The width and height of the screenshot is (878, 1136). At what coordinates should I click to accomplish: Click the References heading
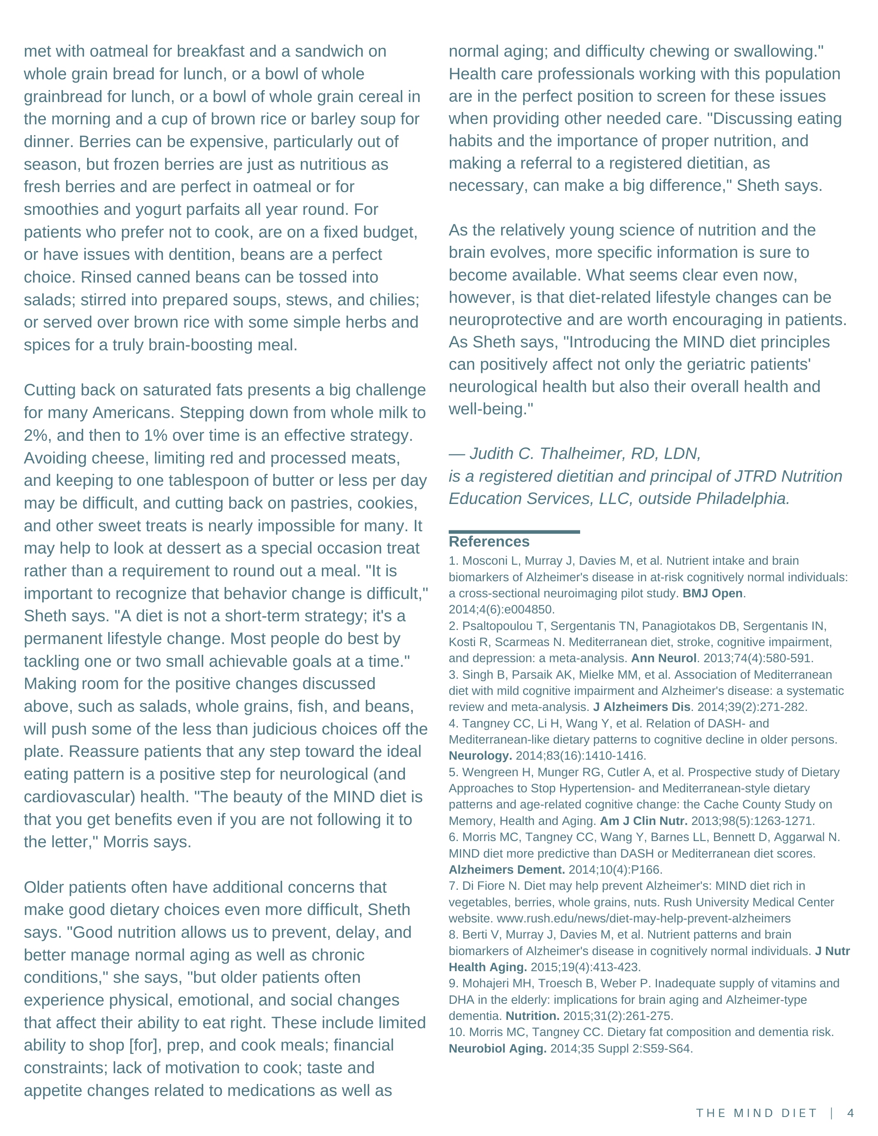click(489, 542)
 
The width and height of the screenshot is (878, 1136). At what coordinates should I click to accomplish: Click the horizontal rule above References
click(514, 532)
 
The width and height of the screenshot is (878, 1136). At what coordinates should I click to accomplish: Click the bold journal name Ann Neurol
click(663, 658)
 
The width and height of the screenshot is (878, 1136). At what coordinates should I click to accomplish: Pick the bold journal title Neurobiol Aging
click(497, 1048)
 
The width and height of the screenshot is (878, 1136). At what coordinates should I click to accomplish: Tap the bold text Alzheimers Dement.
click(507, 869)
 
